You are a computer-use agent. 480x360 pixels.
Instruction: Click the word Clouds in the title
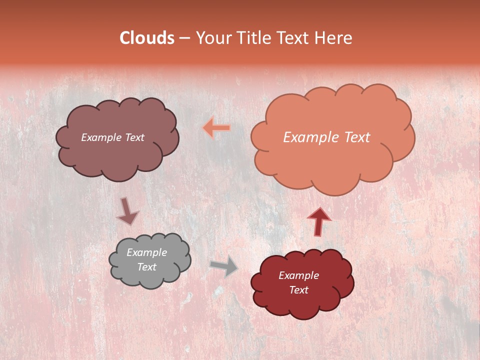[147, 38]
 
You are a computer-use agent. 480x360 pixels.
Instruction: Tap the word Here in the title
[335, 38]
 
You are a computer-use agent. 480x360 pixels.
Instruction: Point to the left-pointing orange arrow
[216, 128]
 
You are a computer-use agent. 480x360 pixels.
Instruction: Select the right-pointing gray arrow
[224, 266]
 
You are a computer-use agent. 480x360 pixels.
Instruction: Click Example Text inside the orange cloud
[326, 137]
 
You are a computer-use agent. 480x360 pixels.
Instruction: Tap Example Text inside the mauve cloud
[112, 137]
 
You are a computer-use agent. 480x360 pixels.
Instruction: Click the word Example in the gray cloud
[146, 252]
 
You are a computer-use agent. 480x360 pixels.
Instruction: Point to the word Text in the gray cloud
[146, 267]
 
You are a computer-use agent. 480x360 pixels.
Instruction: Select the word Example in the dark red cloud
[298, 275]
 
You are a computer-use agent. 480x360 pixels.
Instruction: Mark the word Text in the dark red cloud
[298, 290]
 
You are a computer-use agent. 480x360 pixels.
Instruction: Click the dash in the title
[184, 38]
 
